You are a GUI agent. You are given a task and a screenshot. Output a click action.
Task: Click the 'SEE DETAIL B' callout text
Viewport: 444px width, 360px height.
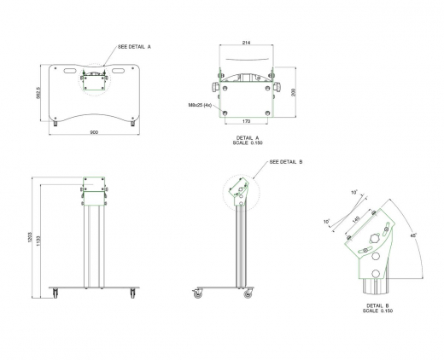(x=286, y=161)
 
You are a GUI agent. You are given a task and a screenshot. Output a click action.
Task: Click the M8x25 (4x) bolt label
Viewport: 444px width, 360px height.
(x=200, y=106)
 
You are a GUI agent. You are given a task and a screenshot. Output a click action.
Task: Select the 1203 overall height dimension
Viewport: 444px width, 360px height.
(x=29, y=239)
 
